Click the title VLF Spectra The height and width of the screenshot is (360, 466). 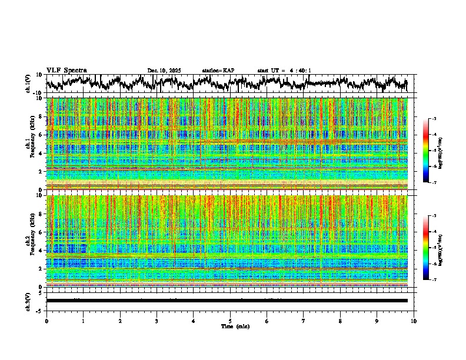point(66,70)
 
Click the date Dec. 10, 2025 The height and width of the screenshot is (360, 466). point(164,71)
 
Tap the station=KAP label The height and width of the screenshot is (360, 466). point(218,71)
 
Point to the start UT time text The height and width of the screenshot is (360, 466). point(285,71)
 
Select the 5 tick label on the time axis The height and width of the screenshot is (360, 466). point(230,321)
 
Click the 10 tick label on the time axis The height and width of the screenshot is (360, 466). point(414,321)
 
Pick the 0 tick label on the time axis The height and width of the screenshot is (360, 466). point(46,321)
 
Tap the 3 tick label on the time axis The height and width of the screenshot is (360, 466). point(157,321)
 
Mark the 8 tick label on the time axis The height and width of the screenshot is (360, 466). point(340,321)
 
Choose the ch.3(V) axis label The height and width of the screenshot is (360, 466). point(28,301)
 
